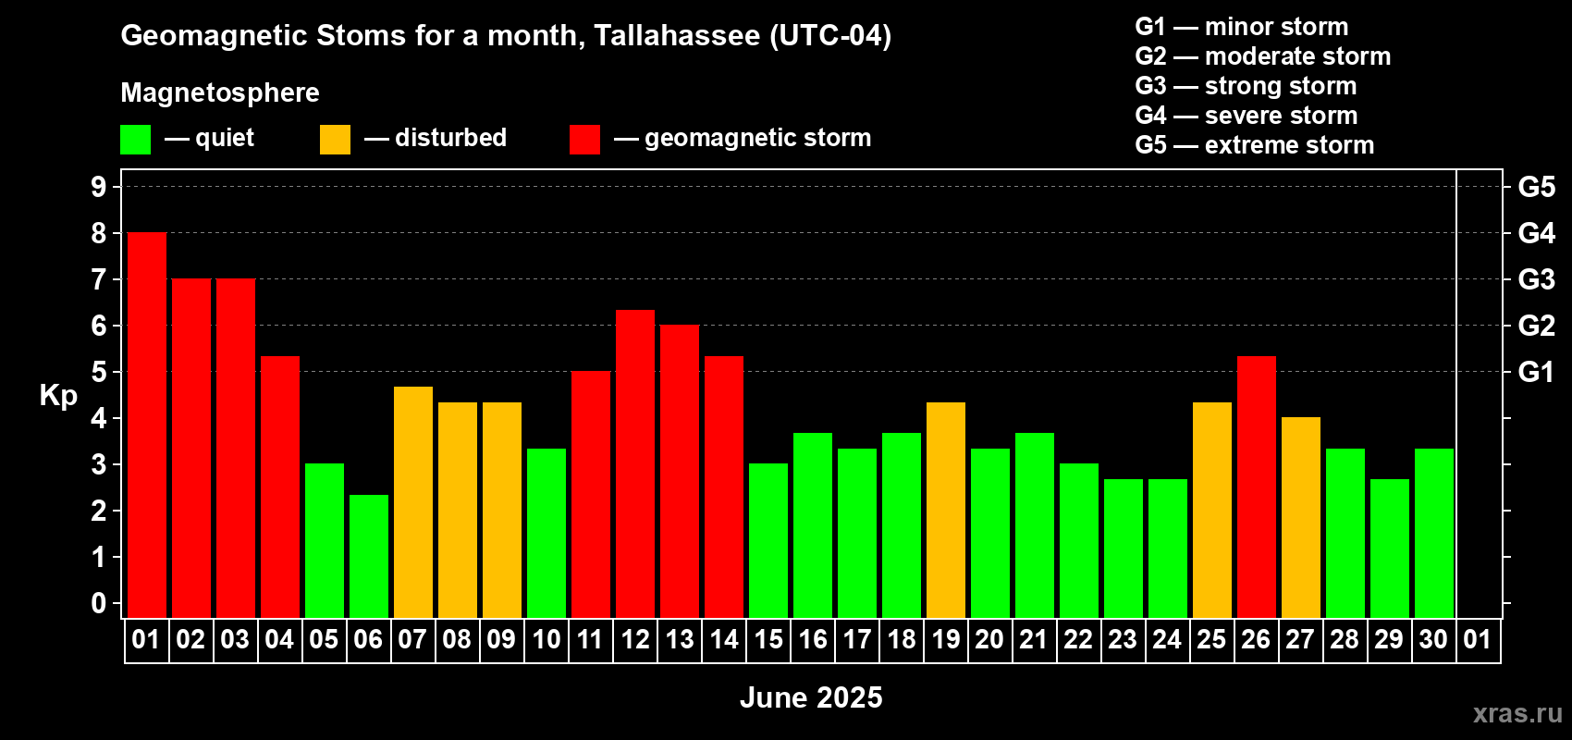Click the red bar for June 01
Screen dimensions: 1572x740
(147, 425)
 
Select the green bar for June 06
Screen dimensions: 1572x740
(369, 556)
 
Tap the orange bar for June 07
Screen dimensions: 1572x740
(413, 502)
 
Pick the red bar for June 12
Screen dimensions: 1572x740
(635, 463)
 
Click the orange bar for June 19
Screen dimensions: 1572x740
(946, 510)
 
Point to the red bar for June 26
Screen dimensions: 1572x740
(1257, 487)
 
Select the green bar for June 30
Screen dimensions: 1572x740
(1434, 533)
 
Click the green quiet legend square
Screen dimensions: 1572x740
(135, 139)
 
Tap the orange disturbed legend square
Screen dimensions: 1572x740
(336, 139)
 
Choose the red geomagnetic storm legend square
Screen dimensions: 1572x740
(585, 139)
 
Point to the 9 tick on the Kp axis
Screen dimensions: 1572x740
(98, 187)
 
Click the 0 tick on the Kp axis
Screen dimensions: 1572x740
(98, 603)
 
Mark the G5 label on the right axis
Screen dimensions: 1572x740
(1537, 187)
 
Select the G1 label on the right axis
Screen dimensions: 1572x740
(1536, 372)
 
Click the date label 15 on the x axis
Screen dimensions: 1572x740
(768, 639)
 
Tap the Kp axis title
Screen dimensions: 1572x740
(58, 395)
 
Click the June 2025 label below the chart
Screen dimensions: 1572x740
(811, 697)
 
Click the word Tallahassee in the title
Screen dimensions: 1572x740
(677, 35)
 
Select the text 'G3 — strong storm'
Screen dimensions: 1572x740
(1246, 86)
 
